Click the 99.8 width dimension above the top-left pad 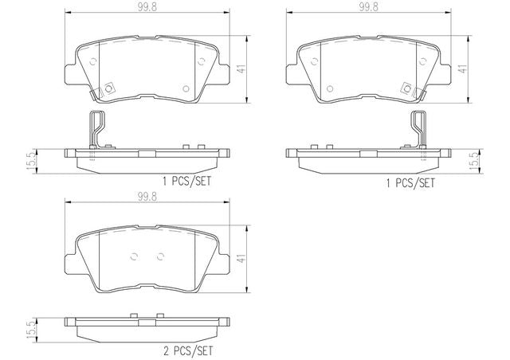point(147,7)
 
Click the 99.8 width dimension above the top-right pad point(368,7)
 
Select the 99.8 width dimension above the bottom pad point(147,196)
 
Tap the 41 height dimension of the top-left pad point(241,69)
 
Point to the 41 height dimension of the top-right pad point(462,69)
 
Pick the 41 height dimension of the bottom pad point(241,259)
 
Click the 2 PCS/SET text point(188,351)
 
